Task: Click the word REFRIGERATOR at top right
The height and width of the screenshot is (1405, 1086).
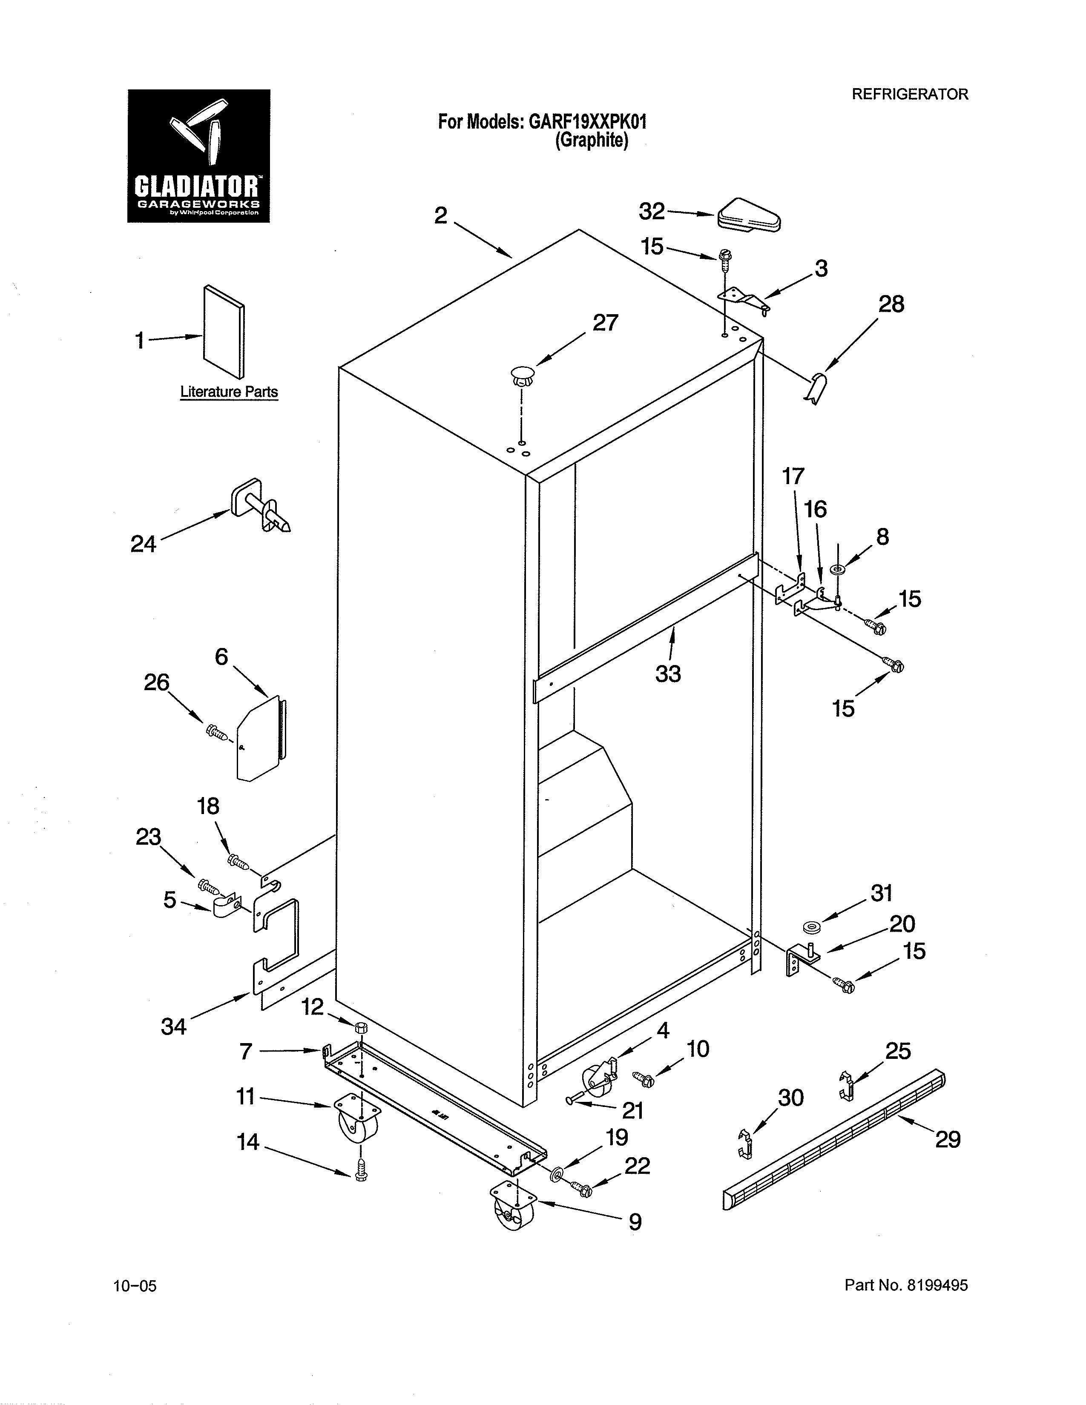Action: tap(909, 95)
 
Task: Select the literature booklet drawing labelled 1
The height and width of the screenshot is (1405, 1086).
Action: tap(224, 332)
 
